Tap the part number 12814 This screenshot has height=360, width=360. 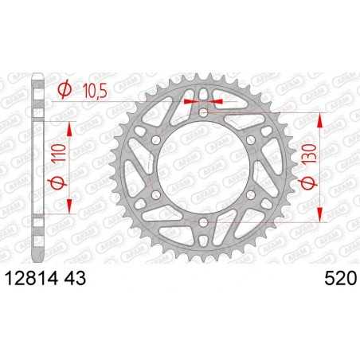point(33,278)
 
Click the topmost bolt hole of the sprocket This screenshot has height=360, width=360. point(203,114)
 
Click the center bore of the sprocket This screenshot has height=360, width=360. point(204,167)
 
